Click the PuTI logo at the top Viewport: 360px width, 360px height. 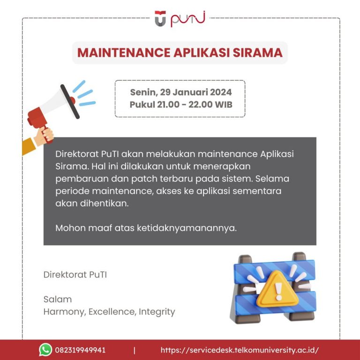click(x=180, y=19)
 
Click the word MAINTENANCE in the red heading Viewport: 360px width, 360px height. click(x=119, y=52)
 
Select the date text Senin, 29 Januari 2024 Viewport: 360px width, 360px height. click(x=180, y=92)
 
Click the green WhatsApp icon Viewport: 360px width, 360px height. click(x=45, y=350)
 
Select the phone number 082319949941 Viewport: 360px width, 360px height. click(x=80, y=350)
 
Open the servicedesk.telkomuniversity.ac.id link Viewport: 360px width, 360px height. click(x=240, y=350)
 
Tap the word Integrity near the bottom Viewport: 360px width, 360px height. click(x=157, y=312)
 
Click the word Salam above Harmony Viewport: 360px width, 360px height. click(x=57, y=299)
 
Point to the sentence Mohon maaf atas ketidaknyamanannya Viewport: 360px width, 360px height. click(x=146, y=228)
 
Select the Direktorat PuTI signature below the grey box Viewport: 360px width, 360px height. click(x=75, y=275)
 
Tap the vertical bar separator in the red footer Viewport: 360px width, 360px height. click(x=135, y=350)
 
